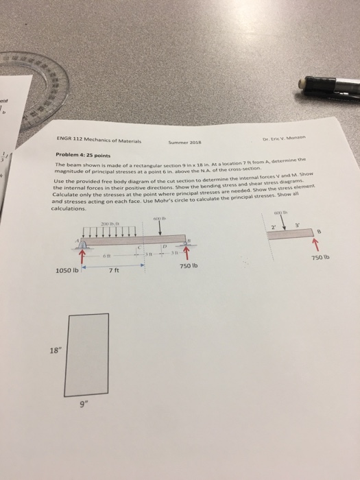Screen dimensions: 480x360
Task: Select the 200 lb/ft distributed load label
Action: tap(110, 223)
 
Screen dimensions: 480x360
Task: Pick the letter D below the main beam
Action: tap(165, 246)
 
